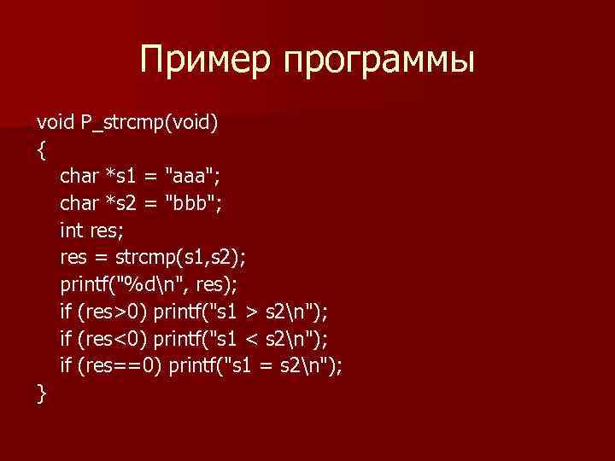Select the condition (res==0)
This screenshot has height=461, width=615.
pos(120,366)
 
